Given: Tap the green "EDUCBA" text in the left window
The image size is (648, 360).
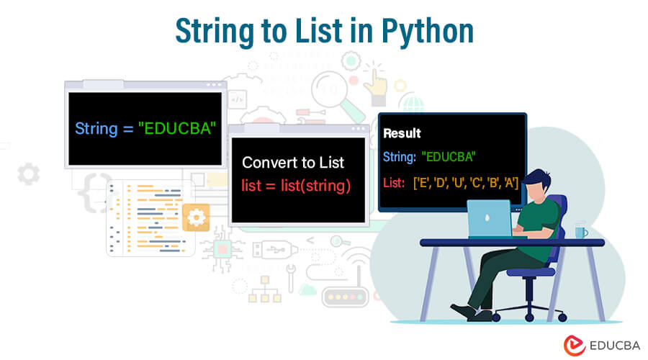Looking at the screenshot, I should (x=177, y=129).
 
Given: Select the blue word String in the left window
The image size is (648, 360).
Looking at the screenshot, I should (x=96, y=129).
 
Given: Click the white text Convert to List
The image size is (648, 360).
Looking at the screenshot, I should (x=293, y=163).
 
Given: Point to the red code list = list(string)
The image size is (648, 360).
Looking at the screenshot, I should (x=296, y=186).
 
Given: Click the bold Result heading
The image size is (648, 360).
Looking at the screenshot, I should (x=402, y=133).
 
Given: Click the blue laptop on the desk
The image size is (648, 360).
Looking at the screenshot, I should (x=490, y=219).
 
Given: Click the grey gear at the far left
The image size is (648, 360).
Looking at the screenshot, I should (x=29, y=174).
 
